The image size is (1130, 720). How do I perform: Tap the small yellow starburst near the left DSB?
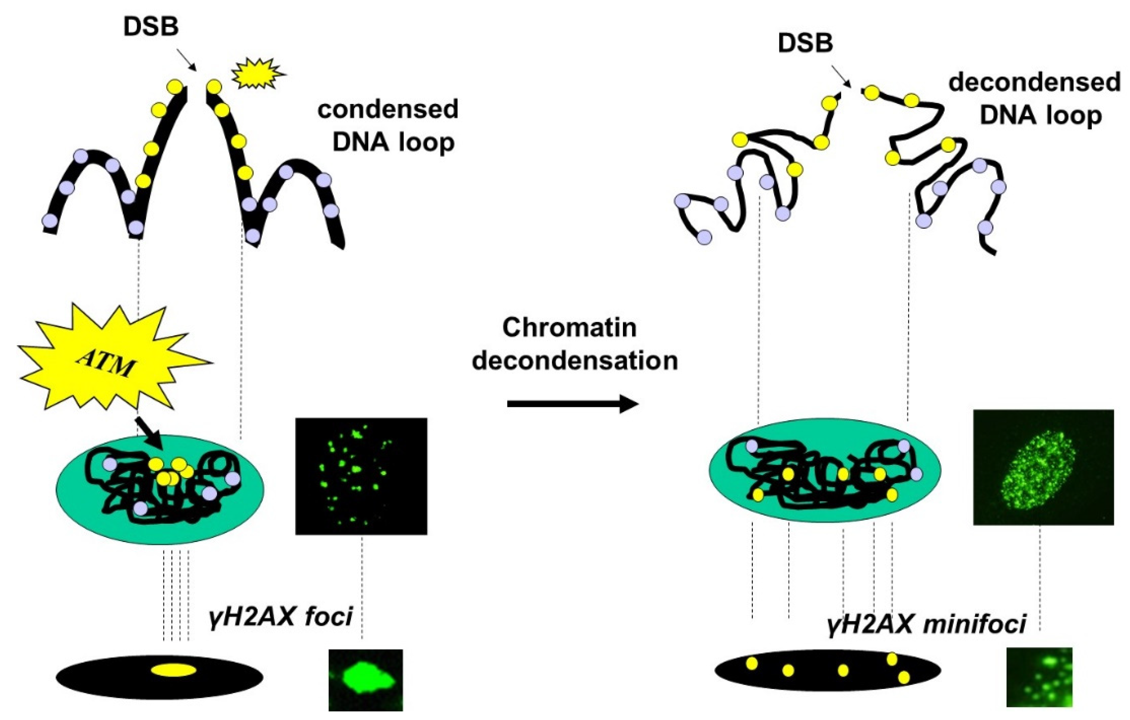tap(258, 74)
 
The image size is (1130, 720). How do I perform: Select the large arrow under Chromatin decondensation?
tap(572, 404)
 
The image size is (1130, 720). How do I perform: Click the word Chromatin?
tap(569, 327)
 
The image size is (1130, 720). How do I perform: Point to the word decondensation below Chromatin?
tap(575, 361)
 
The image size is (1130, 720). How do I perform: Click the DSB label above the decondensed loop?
tap(805, 43)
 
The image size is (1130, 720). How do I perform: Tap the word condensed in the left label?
tap(388, 110)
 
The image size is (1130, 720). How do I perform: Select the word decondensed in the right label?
tap(1034, 83)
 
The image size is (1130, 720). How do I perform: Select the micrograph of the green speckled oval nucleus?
tap(1043, 468)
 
